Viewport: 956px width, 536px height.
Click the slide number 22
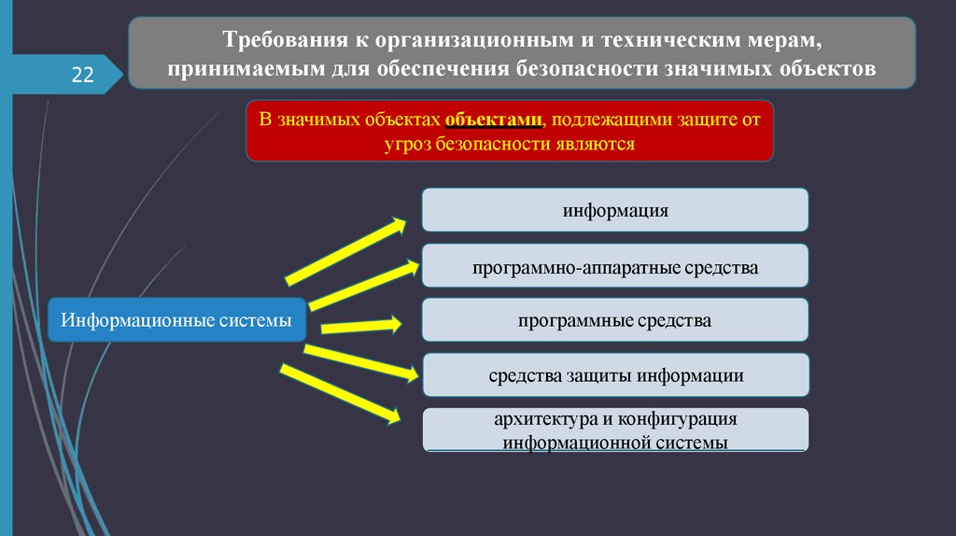(x=83, y=76)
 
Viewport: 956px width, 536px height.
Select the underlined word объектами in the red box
(x=492, y=120)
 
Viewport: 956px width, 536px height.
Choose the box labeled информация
(x=614, y=209)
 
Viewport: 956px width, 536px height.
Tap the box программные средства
(x=614, y=320)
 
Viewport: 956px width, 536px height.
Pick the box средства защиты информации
(x=614, y=375)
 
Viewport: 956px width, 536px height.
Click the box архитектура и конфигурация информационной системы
(x=614, y=430)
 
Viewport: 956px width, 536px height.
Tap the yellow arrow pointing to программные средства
(x=361, y=326)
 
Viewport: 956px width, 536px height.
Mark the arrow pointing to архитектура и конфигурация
(x=341, y=393)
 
